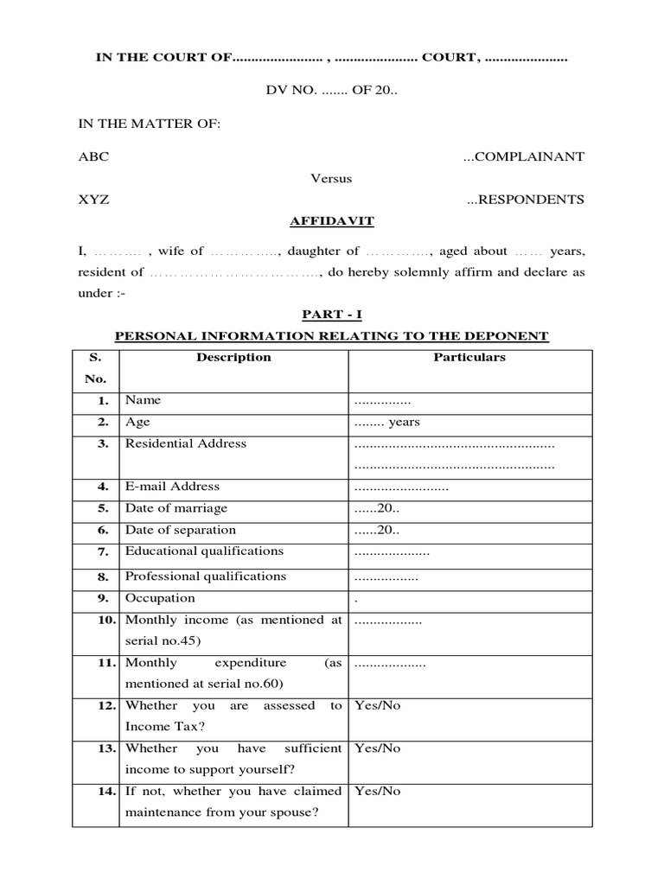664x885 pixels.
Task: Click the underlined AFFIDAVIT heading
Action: click(331, 221)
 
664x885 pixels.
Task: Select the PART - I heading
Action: click(331, 315)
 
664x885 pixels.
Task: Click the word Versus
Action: click(331, 178)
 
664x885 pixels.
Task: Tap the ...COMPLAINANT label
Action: click(524, 156)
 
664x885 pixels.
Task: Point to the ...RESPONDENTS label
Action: click(526, 200)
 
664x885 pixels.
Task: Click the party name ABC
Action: click(93, 156)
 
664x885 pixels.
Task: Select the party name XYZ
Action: click(93, 200)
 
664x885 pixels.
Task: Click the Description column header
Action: click(233, 357)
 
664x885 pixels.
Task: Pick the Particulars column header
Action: click(469, 357)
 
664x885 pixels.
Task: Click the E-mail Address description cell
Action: click(173, 487)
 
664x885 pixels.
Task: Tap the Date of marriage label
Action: click(176, 508)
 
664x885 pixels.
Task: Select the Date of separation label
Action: click(180, 530)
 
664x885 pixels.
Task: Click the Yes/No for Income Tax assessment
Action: click(378, 705)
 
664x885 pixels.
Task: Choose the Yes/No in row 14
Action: click(378, 791)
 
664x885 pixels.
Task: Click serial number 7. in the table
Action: click(103, 551)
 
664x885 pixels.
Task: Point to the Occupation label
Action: click(160, 598)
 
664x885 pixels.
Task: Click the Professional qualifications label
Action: click(205, 576)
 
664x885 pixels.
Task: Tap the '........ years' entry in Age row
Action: click(386, 423)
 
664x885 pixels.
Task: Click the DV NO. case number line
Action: click(331, 92)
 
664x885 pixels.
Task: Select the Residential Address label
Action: click(186, 443)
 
